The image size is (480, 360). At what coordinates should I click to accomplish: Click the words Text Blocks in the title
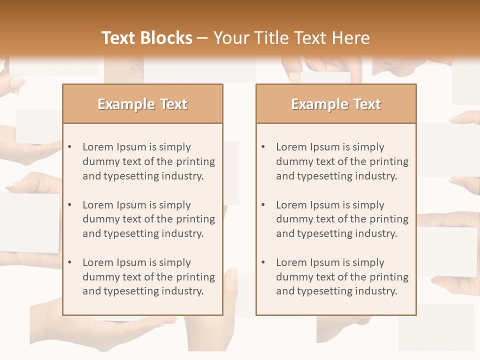[147, 38]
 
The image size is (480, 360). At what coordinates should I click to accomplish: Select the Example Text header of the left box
[142, 104]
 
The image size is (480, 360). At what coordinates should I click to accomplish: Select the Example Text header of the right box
[336, 104]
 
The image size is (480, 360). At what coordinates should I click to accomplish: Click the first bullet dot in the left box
[70, 147]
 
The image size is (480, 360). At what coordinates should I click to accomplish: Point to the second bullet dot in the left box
[70, 205]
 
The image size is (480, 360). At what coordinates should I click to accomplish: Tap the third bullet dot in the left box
[70, 262]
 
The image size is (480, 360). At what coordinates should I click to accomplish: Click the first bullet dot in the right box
[263, 147]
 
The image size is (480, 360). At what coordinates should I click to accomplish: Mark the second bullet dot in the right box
[263, 205]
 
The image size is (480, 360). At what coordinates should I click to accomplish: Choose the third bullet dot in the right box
[263, 262]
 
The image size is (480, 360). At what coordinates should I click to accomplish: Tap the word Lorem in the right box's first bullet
[291, 147]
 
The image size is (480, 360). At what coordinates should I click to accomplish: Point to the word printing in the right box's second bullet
[388, 219]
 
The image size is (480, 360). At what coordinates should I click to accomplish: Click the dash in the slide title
[202, 38]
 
